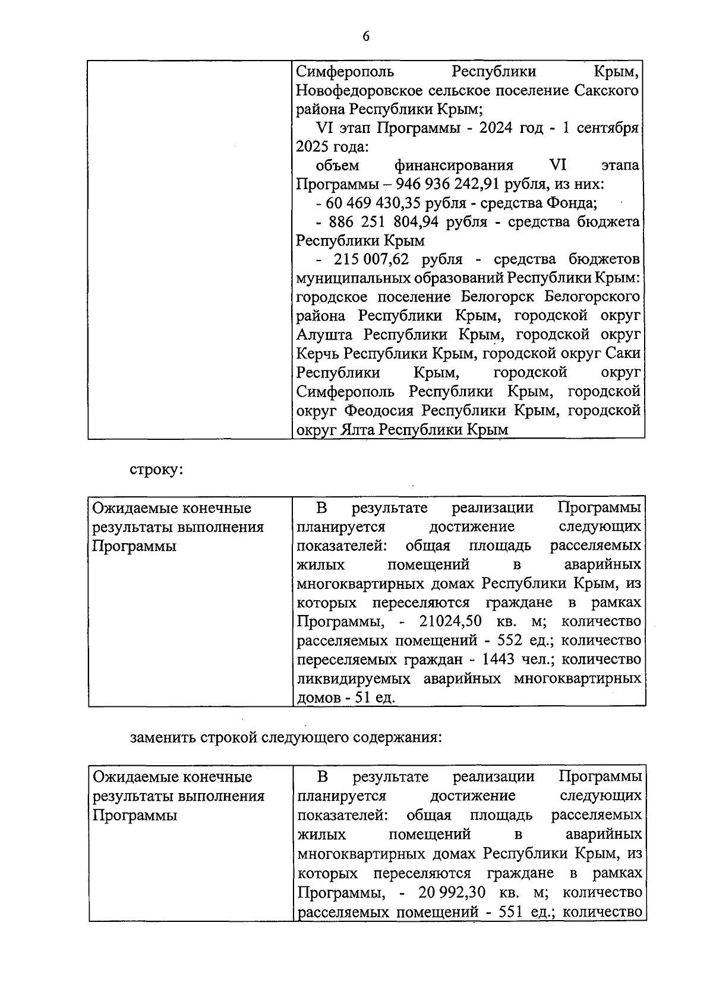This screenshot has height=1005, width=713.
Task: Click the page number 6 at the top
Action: pyautogui.click(x=366, y=37)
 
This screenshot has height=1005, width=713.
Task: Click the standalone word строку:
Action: pyautogui.click(x=156, y=469)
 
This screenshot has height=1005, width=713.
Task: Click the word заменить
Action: pyautogui.click(x=163, y=738)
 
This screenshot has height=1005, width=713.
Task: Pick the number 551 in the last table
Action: pyautogui.click(x=510, y=911)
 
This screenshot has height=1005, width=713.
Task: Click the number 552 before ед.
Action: pyautogui.click(x=510, y=641)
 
